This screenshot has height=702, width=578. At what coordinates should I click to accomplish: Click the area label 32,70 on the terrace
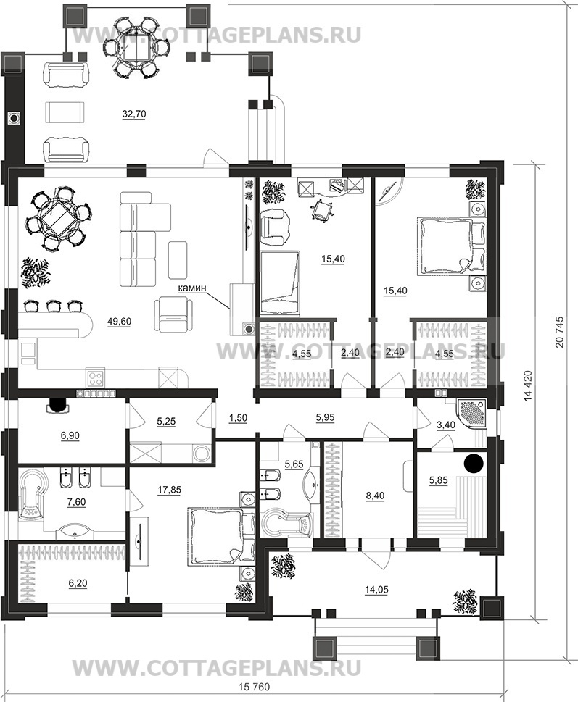(x=134, y=114)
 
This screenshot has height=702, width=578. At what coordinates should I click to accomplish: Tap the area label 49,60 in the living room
(x=120, y=321)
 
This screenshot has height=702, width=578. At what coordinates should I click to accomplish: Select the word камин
(x=192, y=288)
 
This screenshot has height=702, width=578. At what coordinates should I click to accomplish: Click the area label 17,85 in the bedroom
(x=170, y=490)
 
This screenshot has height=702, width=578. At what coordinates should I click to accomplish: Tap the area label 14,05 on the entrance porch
(x=376, y=590)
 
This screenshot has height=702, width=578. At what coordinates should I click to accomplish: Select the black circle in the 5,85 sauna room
(x=474, y=462)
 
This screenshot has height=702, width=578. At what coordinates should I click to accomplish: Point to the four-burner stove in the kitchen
(x=96, y=378)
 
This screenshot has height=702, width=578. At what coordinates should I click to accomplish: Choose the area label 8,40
(x=375, y=496)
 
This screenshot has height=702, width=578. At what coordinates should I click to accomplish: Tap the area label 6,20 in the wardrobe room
(x=78, y=583)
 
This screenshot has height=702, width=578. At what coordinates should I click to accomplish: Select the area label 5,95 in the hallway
(x=326, y=417)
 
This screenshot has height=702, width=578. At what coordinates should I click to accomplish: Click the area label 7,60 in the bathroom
(x=76, y=502)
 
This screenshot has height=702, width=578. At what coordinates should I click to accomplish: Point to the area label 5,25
(x=166, y=421)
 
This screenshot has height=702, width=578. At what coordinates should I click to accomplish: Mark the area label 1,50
(x=238, y=418)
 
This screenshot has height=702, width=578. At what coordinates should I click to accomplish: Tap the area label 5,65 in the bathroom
(x=294, y=463)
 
